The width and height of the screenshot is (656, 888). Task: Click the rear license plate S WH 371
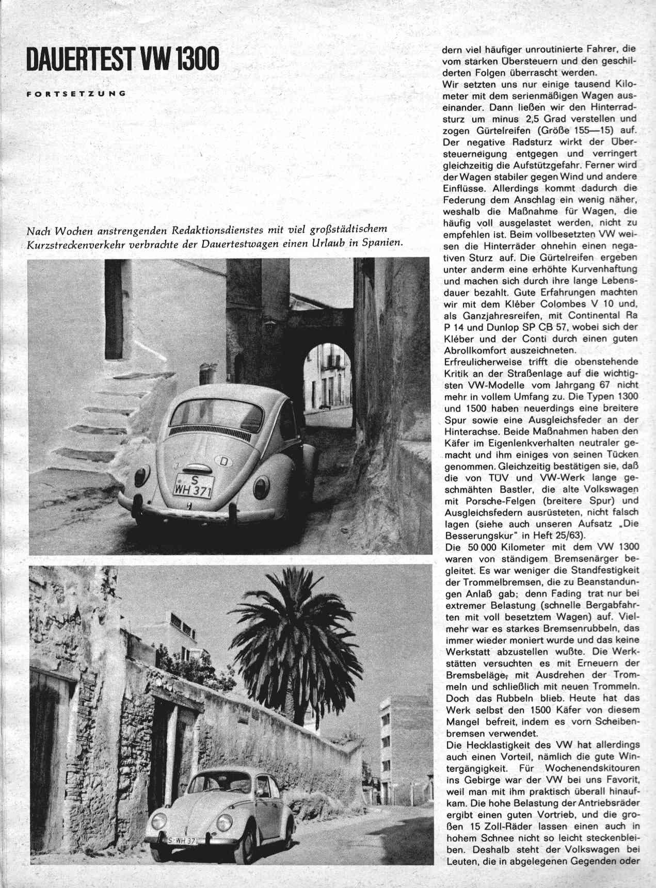tap(194, 486)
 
